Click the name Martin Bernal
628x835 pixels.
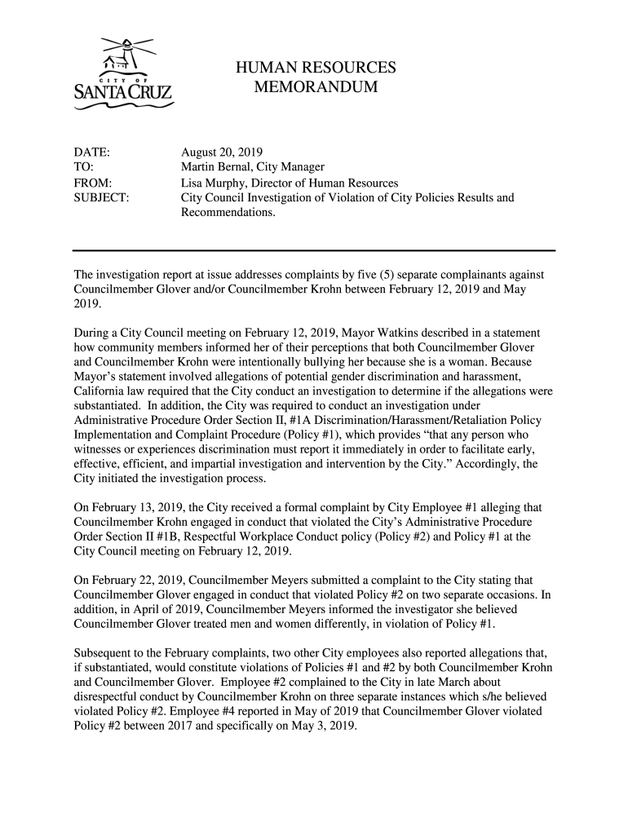pos(215,168)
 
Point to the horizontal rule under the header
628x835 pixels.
pos(314,250)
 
